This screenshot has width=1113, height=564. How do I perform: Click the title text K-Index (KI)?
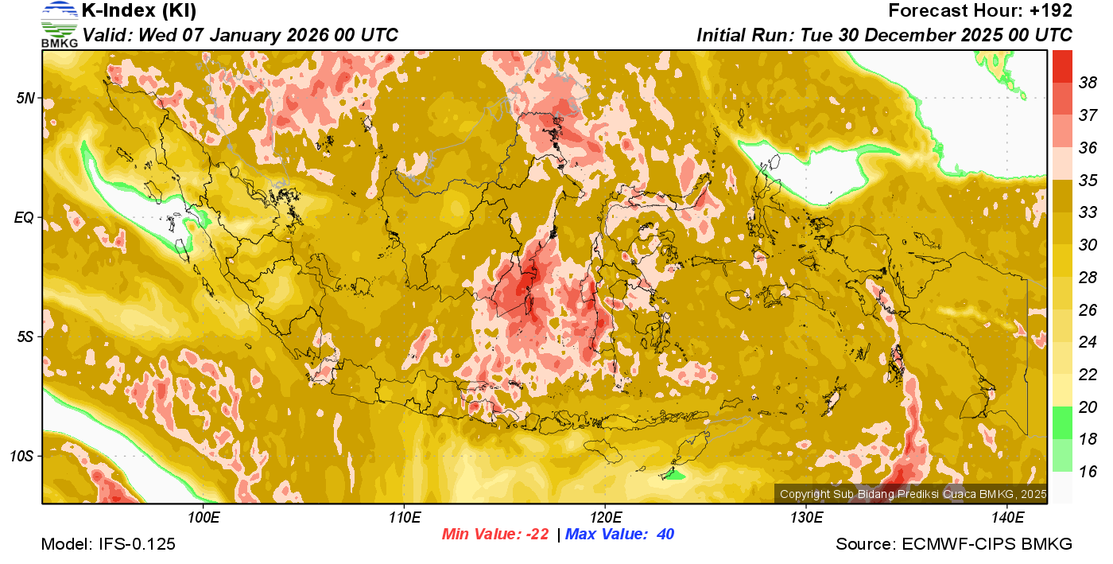click(x=139, y=11)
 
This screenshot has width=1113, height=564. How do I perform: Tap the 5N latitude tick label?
click(x=25, y=98)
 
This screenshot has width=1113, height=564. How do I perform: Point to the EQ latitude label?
click(x=24, y=217)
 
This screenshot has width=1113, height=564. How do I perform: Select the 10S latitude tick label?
click(x=21, y=456)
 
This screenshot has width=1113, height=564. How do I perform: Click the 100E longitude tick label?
click(x=203, y=518)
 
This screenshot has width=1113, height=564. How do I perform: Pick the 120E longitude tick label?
click(x=605, y=518)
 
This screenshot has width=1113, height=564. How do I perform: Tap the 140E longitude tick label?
click(x=1007, y=518)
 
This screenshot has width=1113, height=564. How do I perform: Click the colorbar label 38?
click(x=1088, y=83)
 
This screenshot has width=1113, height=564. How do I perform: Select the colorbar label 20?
click(x=1088, y=406)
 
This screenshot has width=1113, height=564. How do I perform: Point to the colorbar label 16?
click(x=1088, y=472)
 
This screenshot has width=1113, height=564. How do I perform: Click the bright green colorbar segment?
click(x=1062, y=422)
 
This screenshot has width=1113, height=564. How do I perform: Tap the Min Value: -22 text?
click(x=495, y=535)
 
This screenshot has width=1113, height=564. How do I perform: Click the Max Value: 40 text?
click(x=619, y=535)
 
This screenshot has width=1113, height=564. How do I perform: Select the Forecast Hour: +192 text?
click(x=980, y=11)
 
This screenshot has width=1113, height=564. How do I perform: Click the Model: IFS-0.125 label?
click(x=108, y=545)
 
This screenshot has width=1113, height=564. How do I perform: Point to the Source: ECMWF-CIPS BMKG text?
click(x=954, y=545)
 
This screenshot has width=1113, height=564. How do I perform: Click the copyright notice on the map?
click(x=913, y=494)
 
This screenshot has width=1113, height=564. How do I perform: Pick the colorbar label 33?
click(x=1088, y=212)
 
